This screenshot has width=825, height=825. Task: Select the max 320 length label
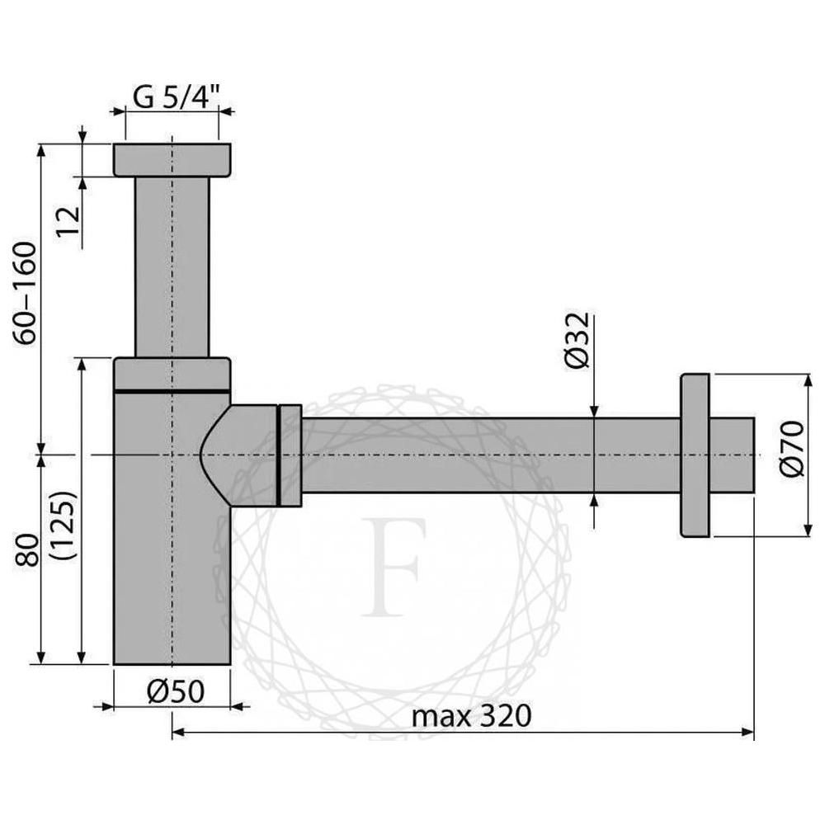[x=471, y=715]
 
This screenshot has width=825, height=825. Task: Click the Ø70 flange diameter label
[x=790, y=449]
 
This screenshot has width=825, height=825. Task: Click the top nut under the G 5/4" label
[x=172, y=159]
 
